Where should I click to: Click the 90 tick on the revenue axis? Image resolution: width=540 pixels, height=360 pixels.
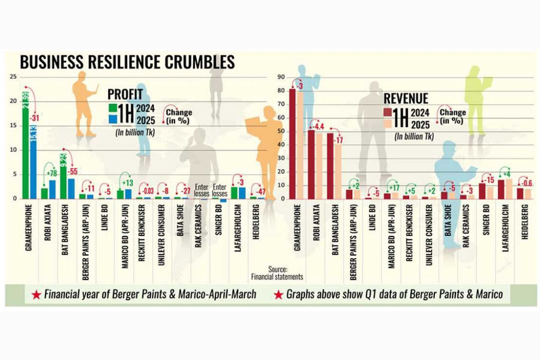[280, 77]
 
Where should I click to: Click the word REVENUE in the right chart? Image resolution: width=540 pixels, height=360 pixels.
[406, 98]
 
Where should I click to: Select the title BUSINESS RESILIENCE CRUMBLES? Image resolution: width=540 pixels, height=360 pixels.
[127, 62]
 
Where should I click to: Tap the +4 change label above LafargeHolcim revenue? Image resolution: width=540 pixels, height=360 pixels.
[508, 174]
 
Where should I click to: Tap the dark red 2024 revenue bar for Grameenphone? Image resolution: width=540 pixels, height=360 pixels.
[292, 144]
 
